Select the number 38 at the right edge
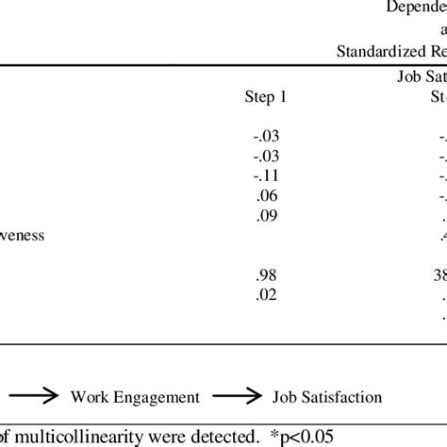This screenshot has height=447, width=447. [x=438, y=274]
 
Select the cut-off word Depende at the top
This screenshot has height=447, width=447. [x=416, y=8]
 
